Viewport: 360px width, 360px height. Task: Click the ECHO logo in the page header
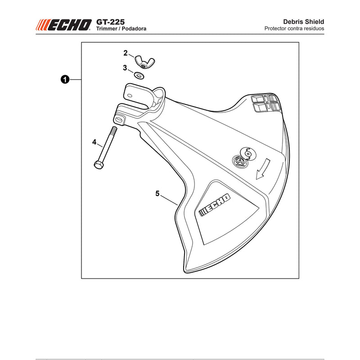click(x=63, y=25)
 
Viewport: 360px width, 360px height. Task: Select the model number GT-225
click(x=110, y=22)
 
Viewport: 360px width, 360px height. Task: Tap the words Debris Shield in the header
click(x=303, y=22)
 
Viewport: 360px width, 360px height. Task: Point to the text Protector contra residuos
click(x=294, y=28)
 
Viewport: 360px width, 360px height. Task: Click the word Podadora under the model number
click(x=134, y=29)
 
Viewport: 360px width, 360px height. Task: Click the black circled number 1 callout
click(x=65, y=80)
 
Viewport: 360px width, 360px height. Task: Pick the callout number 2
click(x=126, y=53)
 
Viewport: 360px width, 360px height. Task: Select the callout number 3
click(x=125, y=68)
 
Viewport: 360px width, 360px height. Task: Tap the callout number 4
click(x=94, y=142)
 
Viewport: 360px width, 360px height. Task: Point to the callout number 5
click(x=157, y=193)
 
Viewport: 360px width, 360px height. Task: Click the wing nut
click(x=144, y=62)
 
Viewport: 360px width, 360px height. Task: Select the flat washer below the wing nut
click(x=139, y=75)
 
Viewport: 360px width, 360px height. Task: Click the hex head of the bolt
click(x=99, y=165)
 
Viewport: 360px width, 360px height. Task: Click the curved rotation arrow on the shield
click(x=262, y=169)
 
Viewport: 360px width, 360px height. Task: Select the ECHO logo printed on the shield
click(x=215, y=205)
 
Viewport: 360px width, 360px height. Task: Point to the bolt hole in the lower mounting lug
click(x=119, y=120)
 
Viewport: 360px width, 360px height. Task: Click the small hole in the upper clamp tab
click(x=130, y=95)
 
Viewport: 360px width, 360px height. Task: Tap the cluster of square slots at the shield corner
click(x=265, y=103)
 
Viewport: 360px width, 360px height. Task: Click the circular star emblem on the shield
click(x=240, y=162)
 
